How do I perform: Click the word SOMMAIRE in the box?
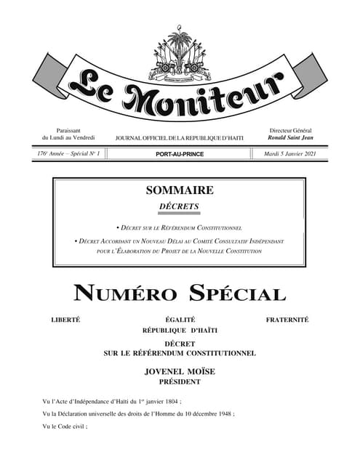pos(180,190)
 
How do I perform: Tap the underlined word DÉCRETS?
pos(180,207)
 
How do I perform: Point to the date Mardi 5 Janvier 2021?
pos(289,154)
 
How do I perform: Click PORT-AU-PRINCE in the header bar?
pos(180,154)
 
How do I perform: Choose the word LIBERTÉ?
pos(65,320)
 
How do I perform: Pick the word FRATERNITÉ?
pos(287,320)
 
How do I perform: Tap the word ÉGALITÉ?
pos(180,320)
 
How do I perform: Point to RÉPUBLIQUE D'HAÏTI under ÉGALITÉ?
pos(180,331)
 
